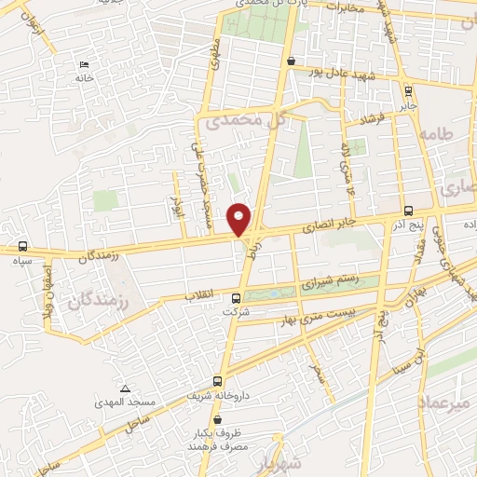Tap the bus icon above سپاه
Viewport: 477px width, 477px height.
point(21,248)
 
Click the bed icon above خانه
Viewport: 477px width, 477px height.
point(85,64)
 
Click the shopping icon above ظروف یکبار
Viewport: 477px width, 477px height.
point(217,419)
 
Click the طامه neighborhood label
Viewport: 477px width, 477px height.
point(435,135)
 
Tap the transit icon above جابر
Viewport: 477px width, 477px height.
point(408,90)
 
